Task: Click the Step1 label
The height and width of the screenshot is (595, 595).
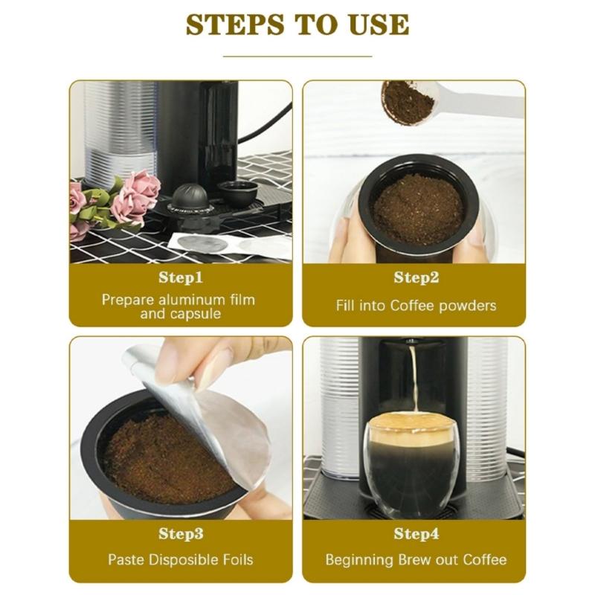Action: (x=181, y=278)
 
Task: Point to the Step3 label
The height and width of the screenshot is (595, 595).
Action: (x=181, y=534)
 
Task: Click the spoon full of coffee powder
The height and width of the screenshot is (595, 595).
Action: (x=407, y=102)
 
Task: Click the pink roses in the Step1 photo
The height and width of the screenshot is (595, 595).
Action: (x=134, y=195)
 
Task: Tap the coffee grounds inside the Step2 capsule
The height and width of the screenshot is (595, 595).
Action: (x=417, y=208)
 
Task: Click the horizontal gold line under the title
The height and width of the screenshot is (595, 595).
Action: (x=297, y=56)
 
